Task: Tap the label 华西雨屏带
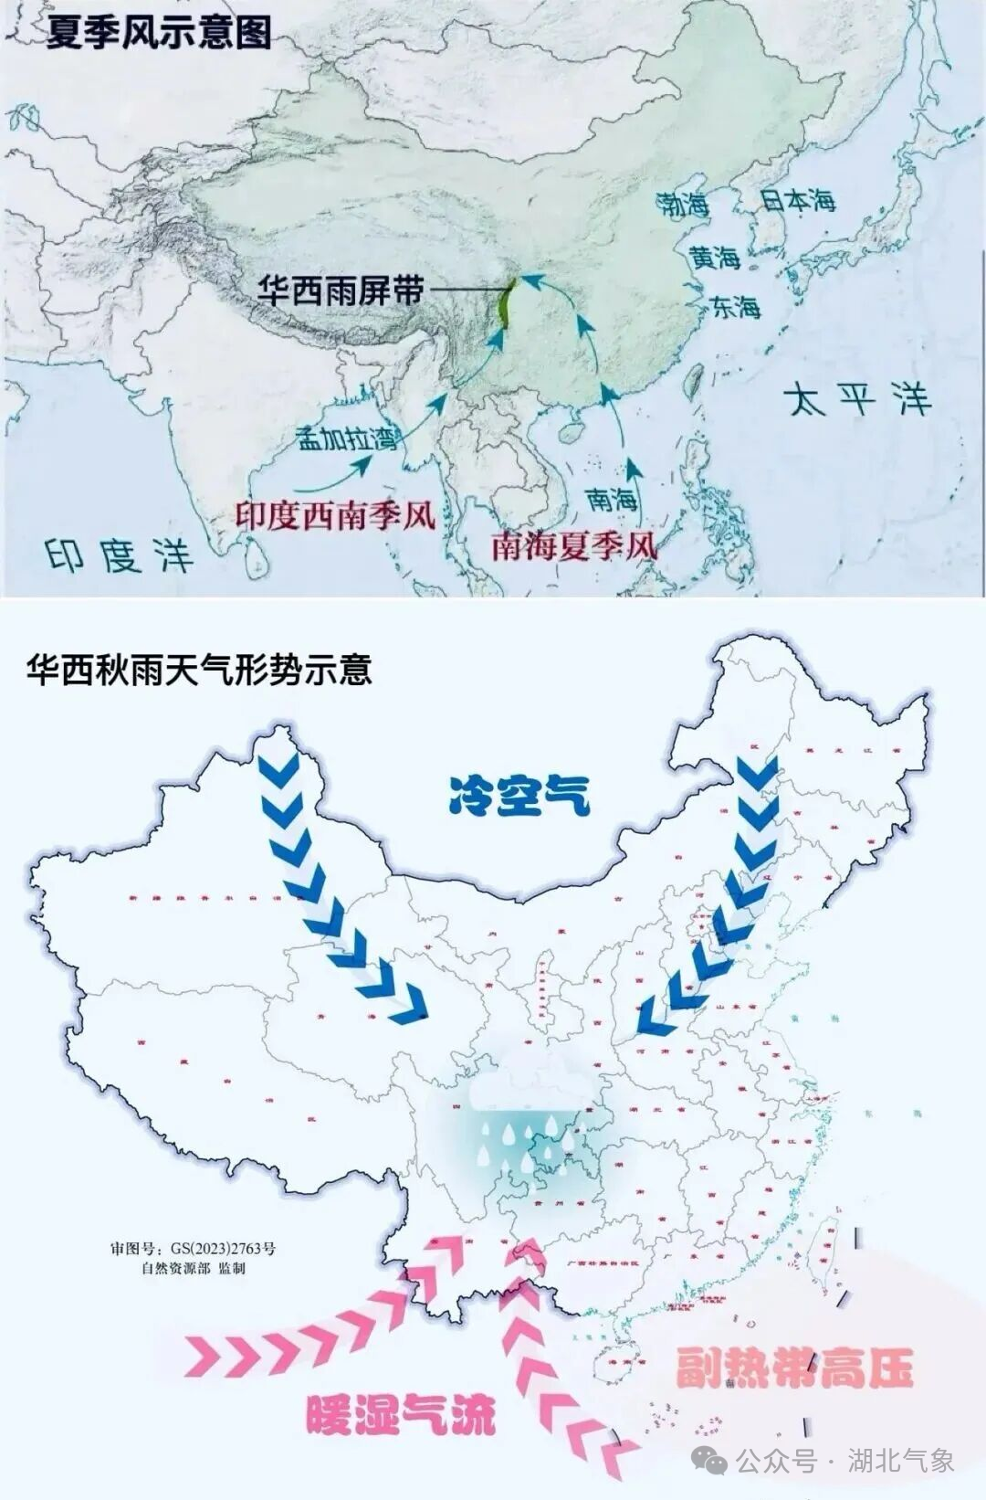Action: pyautogui.click(x=341, y=291)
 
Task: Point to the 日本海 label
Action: pyautogui.click(x=798, y=200)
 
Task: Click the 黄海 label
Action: pyautogui.click(x=714, y=259)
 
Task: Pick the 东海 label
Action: pyautogui.click(x=735, y=307)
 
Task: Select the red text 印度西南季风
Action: pyautogui.click(x=335, y=516)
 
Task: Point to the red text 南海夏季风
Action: pyautogui.click(x=573, y=545)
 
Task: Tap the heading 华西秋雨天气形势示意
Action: pyautogui.click(x=199, y=670)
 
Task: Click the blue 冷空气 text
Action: pyautogui.click(x=519, y=795)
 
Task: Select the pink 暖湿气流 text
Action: pyautogui.click(x=401, y=1415)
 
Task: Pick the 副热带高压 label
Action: pyautogui.click(x=793, y=1368)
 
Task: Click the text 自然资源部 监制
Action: pyautogui.click(x=193, y=1268)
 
